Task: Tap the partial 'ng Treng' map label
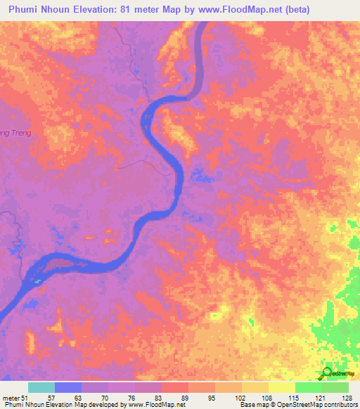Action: click(x=13, y=131)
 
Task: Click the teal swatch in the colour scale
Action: click(x=41, y=387)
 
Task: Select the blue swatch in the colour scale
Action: click(x=68, y=387)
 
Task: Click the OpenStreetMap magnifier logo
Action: click(x=326, y=372)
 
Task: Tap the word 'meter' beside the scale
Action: click(x=11, y=398)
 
